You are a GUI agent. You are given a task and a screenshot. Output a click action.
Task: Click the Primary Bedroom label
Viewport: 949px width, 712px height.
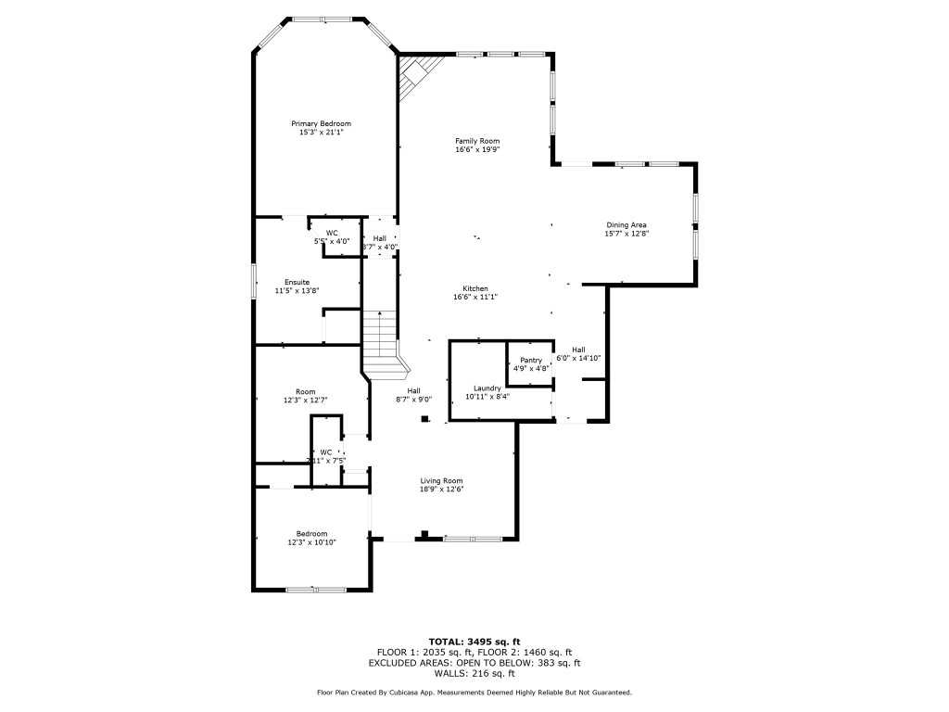click(321, 123)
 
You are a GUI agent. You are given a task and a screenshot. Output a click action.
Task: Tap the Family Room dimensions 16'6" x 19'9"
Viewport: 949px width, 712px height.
click(477, 149)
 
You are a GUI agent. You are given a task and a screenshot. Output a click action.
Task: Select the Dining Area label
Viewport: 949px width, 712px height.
click(626, 225)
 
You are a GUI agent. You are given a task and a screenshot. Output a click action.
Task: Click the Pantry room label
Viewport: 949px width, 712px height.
click(531, 360)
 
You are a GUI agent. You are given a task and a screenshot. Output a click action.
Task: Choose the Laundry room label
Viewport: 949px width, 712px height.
click(487, 388)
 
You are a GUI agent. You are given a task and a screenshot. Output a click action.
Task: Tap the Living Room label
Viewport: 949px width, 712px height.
click(441, 480)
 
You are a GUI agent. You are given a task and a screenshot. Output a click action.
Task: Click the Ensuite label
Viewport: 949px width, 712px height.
click(297, 282)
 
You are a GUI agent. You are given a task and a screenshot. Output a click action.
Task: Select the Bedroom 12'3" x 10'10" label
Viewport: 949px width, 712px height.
click(311, 533)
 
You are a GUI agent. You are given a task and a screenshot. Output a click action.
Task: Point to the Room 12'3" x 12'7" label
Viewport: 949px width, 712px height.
click(306, 391)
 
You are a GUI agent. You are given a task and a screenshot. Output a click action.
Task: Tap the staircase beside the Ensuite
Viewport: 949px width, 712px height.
click(379, 337)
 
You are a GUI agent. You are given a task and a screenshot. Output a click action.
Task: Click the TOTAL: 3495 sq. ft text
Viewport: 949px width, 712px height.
click(474, 642)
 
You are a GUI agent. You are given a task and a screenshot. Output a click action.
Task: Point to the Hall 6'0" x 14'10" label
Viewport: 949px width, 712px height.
click(578, 350)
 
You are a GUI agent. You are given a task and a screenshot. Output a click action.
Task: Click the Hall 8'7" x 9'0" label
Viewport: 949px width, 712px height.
click(414, 390)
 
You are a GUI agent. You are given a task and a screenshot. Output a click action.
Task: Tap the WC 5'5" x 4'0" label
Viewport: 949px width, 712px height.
click(332, 233)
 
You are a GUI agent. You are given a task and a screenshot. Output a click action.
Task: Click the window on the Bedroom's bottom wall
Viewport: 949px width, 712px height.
click(315, 590)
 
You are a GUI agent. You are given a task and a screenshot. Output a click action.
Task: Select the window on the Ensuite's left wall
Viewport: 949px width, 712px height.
click(254, 282)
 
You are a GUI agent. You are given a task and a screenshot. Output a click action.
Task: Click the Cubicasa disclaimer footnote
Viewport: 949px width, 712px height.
click(474, 692)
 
